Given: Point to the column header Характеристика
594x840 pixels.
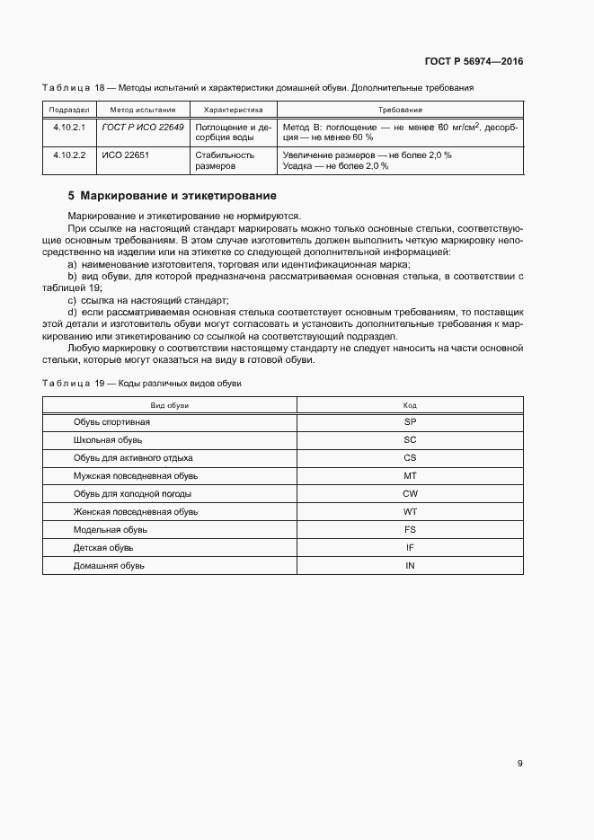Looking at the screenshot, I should (233, 109).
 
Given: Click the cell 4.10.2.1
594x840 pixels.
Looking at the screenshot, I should (68, 128).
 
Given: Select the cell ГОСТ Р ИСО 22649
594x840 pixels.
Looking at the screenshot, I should (144, 128).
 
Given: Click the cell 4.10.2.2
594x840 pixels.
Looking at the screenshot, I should (68, 155).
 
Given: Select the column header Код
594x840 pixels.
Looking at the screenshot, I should (410, 405).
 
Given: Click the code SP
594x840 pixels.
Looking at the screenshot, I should (410, 421).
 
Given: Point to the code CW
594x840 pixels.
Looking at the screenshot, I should (410, 493).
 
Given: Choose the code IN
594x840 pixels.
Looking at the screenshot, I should (410, 565).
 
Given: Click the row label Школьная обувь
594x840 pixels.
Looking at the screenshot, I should (108, 439).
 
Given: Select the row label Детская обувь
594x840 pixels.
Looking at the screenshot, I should (103, 547).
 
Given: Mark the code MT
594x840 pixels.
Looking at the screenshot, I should (410, 475).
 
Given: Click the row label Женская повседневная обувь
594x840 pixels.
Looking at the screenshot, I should (135, 511).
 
